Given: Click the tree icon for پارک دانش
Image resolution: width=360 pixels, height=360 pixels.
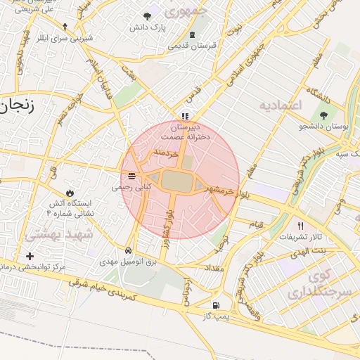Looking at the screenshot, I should pyautogui.click(x=147, y=16).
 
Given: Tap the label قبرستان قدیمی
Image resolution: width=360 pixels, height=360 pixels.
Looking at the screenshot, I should pyautogui.click(x=191, y=45).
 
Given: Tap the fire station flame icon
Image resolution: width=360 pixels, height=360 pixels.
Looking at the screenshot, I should pyautogui.click(x=69, y=192).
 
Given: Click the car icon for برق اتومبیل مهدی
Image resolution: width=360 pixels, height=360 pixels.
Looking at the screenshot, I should pyautogui.click(x=128, y=250).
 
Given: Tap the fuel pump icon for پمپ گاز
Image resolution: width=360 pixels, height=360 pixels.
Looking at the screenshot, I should pyautogui.click(x=215, y=305).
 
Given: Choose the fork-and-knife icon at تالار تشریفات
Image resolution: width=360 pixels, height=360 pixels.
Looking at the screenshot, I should pyautogui.click(x=301, y=226).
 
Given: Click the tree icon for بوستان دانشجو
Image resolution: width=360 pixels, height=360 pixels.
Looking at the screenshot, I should pyautogui.click(x=323, y=115).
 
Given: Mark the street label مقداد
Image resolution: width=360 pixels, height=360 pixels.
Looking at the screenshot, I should pyautogui.click(x=214, y=269).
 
